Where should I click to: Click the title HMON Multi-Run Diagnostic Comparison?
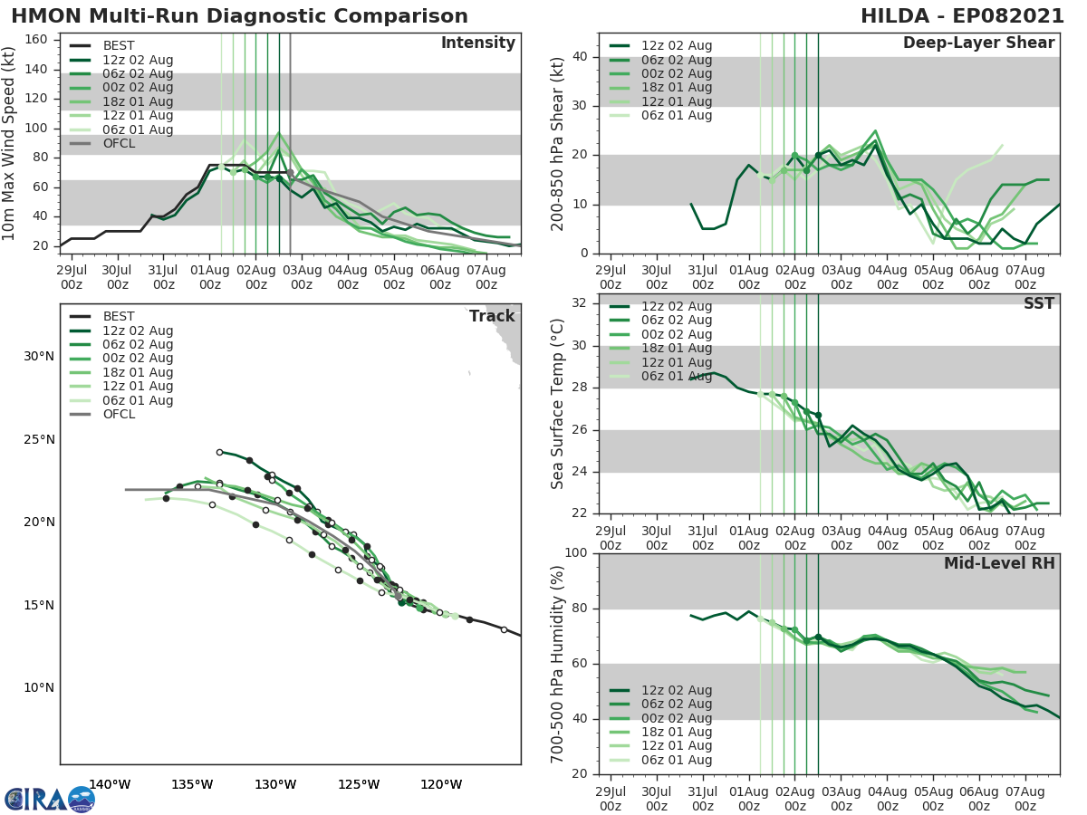(240, 16)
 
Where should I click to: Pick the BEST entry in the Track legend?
(118, 317)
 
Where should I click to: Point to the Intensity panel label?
(477, 43)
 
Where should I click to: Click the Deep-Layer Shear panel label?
(978, 43)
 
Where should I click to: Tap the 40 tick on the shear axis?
(582, 57)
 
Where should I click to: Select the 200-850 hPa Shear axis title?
(559, 143)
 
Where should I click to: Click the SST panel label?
(1039, 303)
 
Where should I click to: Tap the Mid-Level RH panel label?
(999, 563)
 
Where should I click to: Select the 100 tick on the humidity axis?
(579, 552)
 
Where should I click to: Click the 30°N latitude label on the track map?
(39, 356)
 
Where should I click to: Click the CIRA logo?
(49, 799)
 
